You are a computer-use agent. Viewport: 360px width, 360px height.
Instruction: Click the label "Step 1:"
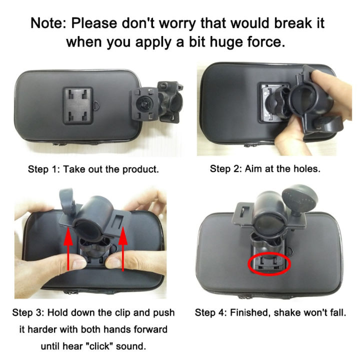pyautogui.click(x=44, y=169)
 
